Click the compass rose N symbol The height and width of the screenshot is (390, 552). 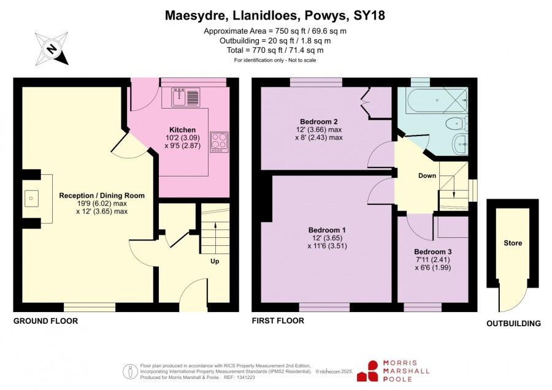tap(52, 48)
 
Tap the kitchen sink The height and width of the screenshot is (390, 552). tap(186, 97)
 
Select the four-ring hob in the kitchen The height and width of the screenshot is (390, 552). tap(219, 142)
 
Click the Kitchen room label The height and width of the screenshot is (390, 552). tap(182, 130)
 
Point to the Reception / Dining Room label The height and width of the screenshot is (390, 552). tap(102, 196)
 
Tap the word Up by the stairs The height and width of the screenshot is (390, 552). tap(215, 261)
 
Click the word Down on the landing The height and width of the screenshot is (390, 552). tap(427, 175)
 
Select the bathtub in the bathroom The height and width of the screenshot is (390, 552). tap(437, 101)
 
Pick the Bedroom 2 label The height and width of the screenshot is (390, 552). tap(319, 122)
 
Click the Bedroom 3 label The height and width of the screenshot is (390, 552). tap(432, 252)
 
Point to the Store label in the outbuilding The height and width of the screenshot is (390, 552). tap(513, 243)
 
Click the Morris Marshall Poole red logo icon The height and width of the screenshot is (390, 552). tap(368, 371)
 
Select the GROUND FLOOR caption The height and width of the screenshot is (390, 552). tap(46, 321)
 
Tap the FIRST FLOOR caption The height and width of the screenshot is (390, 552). tap(278, 321)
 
